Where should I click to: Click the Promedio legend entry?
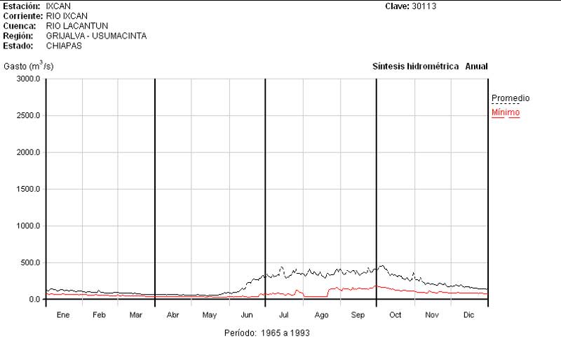point(510,98)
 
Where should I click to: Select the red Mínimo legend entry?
point(506,112)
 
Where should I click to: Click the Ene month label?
point(63,316)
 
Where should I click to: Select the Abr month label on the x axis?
point(173,316)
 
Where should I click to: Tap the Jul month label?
point(283,316)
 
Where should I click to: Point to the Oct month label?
point(395,316)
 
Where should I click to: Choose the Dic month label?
point(469,316)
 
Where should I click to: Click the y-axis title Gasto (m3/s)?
point(29,66)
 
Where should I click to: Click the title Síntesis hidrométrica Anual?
point(429,67)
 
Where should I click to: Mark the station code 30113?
point(426,6)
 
